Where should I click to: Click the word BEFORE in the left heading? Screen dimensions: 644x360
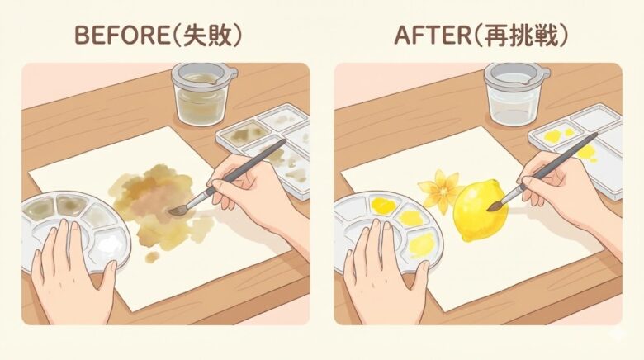(121, 36)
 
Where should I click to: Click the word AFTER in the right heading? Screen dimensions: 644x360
(432, 36)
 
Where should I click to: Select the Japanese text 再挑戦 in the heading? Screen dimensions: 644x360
(521, 36)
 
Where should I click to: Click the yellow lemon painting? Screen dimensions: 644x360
(480, 211)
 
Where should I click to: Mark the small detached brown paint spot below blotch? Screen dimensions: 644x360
(153, 258)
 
